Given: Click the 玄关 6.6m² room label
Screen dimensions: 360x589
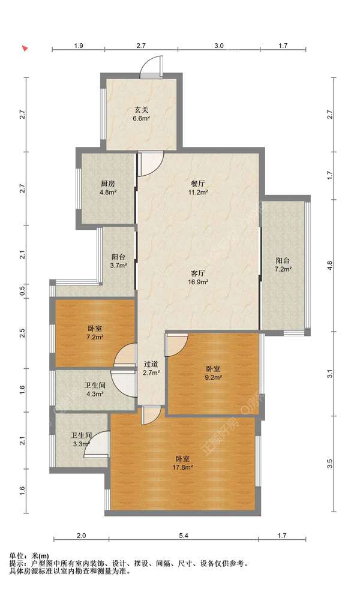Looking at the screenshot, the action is tap(141, 114).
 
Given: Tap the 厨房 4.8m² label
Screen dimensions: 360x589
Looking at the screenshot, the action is tap(108, 188).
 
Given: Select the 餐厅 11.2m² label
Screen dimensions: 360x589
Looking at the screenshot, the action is tap(198, 188).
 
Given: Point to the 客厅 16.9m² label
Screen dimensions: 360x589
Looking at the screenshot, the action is tap(198, 277).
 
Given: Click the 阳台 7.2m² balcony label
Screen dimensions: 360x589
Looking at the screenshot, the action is tap(283, 265).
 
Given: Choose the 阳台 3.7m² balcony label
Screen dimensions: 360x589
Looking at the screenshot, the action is tap(118, 261).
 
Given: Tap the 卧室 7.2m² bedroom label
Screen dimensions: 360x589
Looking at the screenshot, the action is tap(94, 333).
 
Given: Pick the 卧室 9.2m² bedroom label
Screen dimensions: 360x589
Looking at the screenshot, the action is tap(213, 373).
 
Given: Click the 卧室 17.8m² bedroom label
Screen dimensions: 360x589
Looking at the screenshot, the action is tap(182, 463).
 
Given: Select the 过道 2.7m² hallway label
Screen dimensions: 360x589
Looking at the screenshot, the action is tap(151, 368).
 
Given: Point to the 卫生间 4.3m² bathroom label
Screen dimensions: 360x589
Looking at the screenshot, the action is tap(95, 389).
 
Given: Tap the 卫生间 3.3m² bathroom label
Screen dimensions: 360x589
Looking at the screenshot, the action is tap(82, 440).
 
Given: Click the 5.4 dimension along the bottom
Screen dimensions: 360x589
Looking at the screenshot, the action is tap(184, 536).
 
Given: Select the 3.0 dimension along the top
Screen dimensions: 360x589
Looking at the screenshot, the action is tap(219, 46).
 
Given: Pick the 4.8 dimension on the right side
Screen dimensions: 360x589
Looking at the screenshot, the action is tap(329, 266).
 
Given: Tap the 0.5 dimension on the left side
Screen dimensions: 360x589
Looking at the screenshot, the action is tap(22, 291).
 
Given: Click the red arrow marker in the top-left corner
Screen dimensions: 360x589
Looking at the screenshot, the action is tap(25, 48).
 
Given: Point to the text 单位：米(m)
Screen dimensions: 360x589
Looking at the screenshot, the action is tap(29, 555).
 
